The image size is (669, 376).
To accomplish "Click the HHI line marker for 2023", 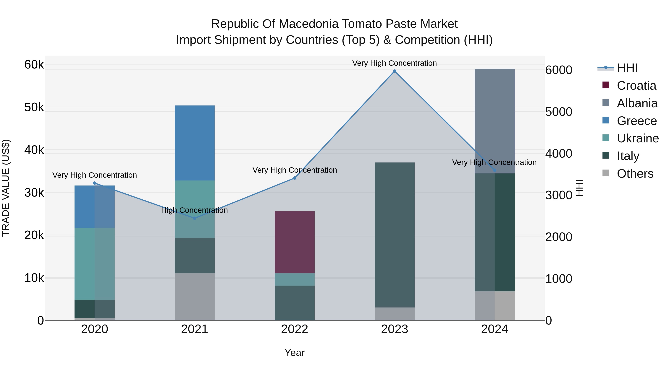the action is pos(395,71).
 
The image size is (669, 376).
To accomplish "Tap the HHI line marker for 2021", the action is pos(195,218).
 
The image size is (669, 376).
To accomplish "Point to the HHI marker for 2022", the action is pos(295,178).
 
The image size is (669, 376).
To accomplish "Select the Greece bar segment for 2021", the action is pos(195,143).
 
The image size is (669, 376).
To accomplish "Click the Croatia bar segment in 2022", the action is pos(295,242).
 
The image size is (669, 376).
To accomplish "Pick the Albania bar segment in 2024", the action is pos(495,121).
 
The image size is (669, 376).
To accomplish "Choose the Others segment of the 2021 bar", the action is pos(195,297).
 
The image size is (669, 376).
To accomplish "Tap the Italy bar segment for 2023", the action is pos(395,235).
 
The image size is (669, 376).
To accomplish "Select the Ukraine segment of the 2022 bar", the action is pos(295,279).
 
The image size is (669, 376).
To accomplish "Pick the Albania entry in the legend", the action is pos(630,103).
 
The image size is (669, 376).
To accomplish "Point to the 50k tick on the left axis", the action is pos(34,107).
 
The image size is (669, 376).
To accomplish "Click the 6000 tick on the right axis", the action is pos(559,70).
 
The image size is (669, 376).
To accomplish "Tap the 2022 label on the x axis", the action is pos(295,329).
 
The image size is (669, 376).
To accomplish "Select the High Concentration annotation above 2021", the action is pos(195,210).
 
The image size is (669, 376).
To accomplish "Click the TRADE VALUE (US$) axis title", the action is pos(6,188).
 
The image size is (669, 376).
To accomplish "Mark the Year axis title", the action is pos(295,353).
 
